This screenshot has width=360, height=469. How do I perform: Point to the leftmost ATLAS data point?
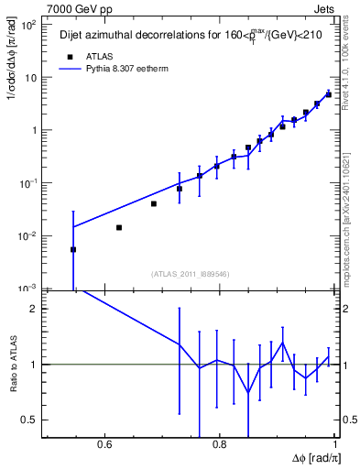(73, 249)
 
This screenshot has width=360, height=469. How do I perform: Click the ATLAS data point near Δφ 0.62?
(119, 227)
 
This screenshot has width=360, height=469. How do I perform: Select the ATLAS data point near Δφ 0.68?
(153, 203)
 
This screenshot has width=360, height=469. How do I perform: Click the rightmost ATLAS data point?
(329, 94)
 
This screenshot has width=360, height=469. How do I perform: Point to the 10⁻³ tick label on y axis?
(29, 289)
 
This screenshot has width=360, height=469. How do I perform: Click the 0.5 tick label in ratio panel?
(30, 420)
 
